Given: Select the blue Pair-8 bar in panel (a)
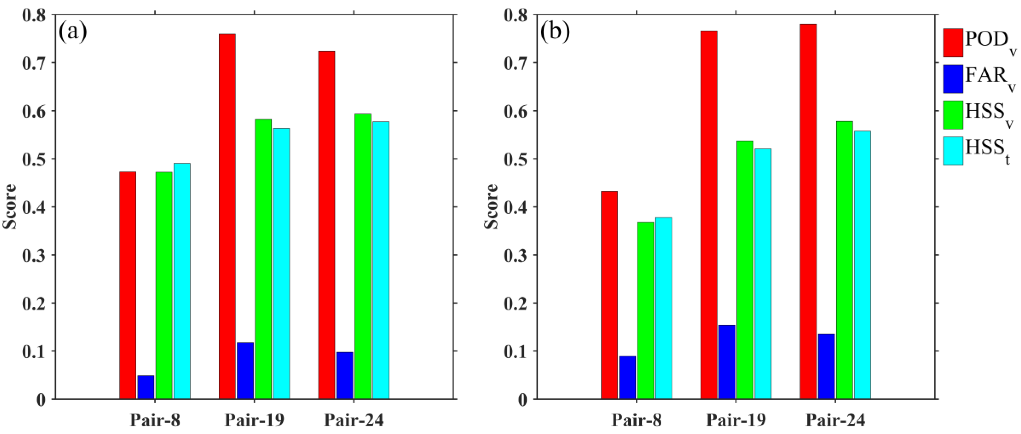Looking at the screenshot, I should point(146,387).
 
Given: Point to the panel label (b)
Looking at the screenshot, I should point(555,32).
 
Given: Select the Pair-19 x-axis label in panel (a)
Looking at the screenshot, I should point(254,420).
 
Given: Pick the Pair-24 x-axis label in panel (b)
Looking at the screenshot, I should point(835,420).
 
